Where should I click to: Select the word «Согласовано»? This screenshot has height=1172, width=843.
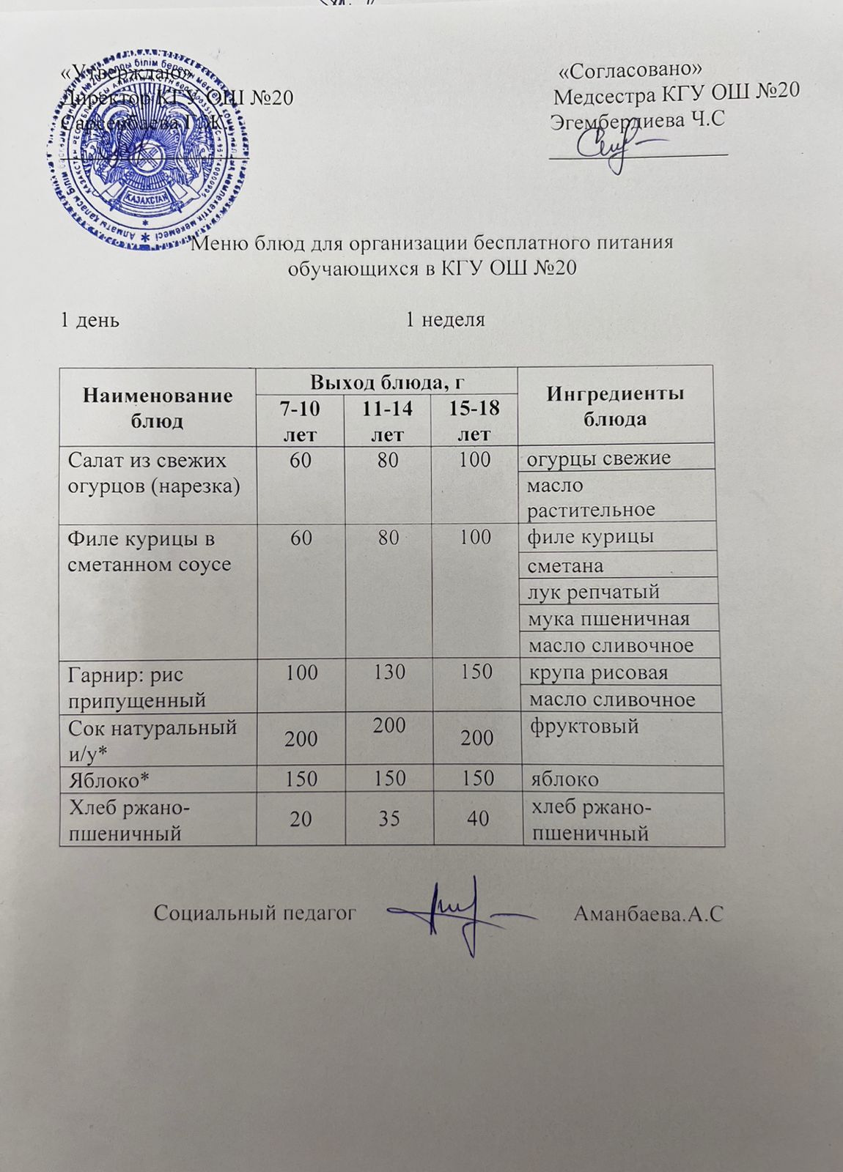tap(630, 69)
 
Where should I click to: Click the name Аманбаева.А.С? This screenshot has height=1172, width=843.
tap(648, 913)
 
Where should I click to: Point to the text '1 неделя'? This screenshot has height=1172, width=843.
tap(446, 319)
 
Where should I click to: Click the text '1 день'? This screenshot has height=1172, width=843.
tap(90, 320)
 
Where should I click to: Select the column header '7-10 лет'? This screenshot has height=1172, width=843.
tap(301, 420)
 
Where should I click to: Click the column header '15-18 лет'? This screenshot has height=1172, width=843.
tap(474, 420)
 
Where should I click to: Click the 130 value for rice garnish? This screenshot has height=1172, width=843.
tap(389, 672)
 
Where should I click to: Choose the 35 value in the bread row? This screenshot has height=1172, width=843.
tap(389, 818)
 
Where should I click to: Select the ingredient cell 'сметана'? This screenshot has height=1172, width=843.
tap(565, 565)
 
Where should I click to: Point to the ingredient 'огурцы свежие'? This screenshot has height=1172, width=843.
tap(599, 459)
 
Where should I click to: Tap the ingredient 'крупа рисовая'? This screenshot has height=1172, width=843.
tap(598, 672)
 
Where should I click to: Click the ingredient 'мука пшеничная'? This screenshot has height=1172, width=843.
tap(609, 619)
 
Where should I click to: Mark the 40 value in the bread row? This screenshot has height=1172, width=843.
tap(478, 818)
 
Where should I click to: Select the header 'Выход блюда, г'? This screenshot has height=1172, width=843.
tap(388, 381)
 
